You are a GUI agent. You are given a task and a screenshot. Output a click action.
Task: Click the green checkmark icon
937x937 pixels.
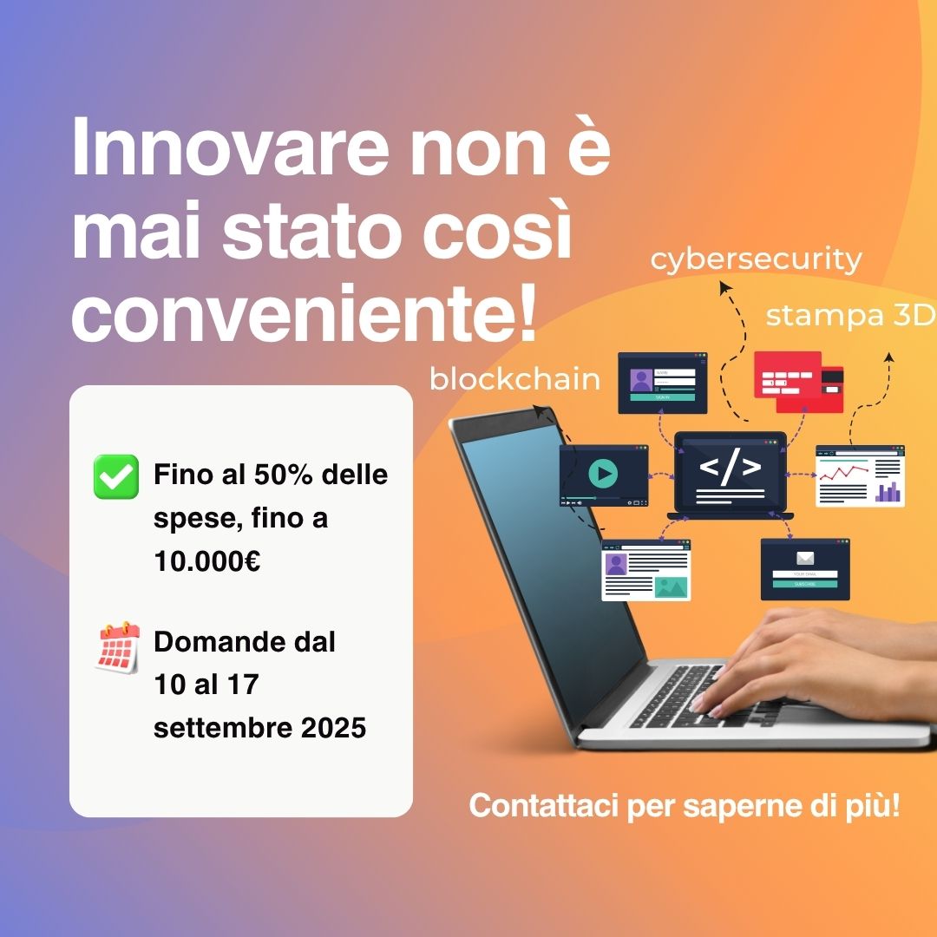116,476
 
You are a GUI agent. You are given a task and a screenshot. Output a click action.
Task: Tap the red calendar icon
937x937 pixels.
118,647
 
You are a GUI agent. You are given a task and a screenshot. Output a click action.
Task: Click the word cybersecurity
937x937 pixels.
756,260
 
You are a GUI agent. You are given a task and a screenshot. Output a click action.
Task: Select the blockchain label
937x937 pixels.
514,379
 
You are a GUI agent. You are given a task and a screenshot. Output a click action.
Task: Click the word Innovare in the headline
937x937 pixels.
231,147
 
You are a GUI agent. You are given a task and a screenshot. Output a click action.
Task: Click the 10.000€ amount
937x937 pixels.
206,561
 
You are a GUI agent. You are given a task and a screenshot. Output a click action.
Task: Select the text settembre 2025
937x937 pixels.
259,728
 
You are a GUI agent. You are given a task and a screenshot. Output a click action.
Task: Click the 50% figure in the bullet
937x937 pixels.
283,475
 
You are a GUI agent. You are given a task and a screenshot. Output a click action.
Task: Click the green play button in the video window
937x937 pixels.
603,474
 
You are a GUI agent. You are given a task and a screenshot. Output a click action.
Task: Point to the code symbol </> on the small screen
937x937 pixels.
731,467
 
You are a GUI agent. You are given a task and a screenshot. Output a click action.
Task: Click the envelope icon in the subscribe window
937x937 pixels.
805,559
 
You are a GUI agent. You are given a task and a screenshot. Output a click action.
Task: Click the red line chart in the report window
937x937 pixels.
843,473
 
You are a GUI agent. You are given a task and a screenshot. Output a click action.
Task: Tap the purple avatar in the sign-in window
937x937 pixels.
641,380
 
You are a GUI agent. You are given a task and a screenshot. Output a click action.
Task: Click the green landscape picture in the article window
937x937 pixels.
671,587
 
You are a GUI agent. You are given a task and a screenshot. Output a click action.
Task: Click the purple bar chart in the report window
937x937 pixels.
888,492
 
